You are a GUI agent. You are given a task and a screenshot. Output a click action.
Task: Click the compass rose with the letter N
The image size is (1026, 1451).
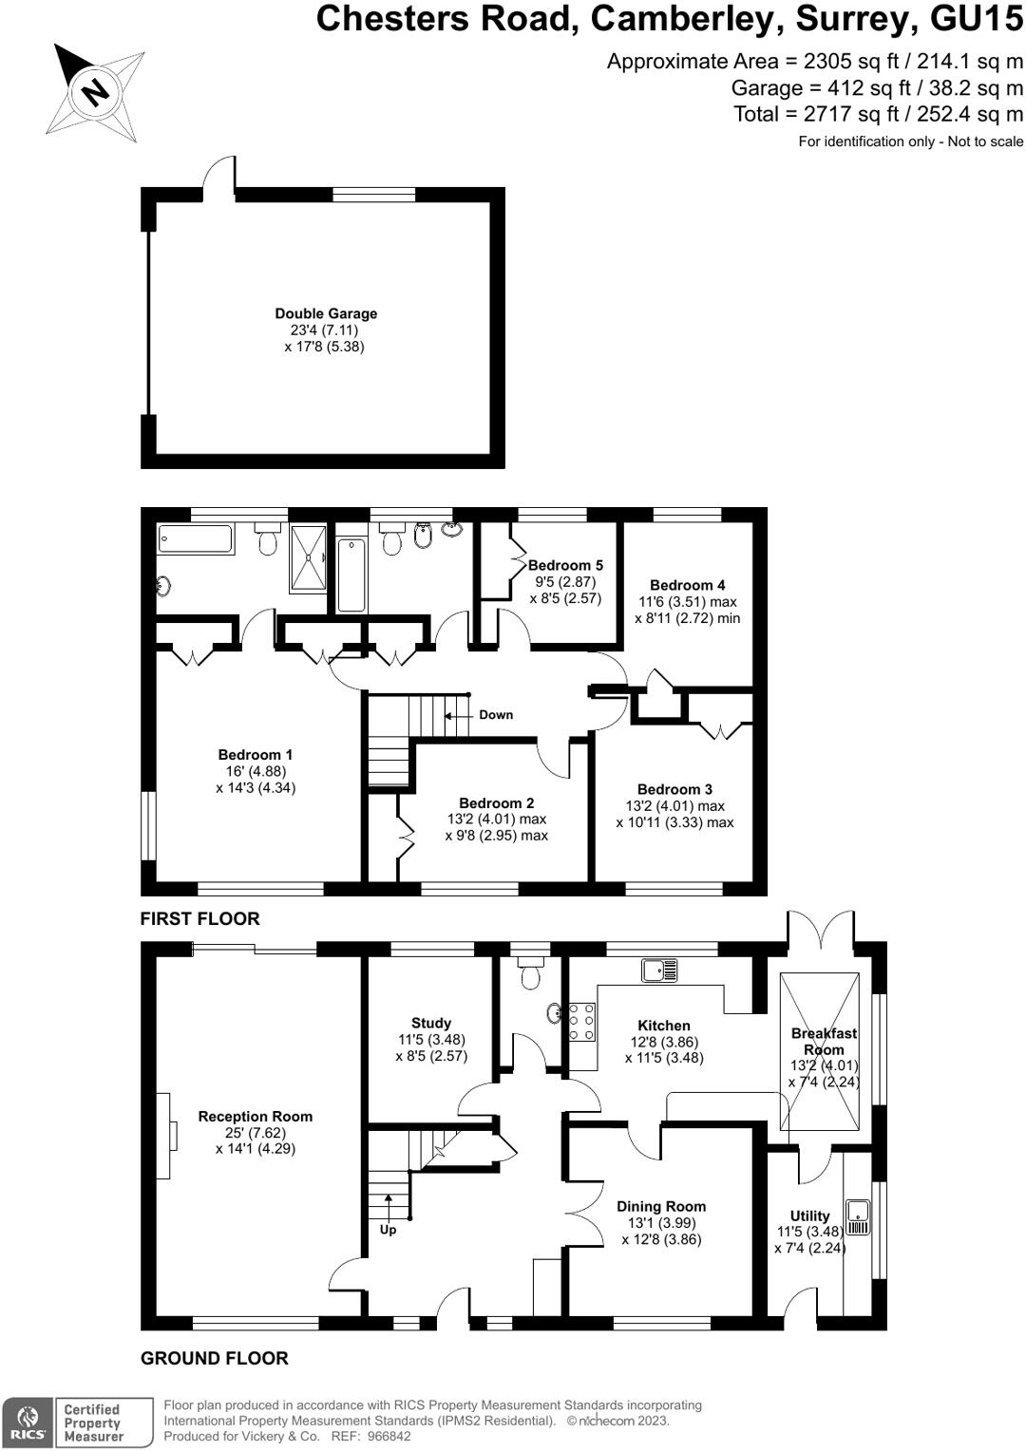(x=95, y=91)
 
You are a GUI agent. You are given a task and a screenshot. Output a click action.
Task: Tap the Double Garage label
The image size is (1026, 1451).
(x=326, y=313)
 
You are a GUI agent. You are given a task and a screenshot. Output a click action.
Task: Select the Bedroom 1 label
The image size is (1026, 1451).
(x=256, y=755)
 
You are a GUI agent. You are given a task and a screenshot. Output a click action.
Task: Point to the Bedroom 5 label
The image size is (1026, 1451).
(x=565, y=565)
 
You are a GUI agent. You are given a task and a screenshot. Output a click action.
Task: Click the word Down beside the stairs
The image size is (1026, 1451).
(x=495, y=715)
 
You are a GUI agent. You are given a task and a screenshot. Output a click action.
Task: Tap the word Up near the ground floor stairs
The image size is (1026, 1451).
(x=388, y=1230)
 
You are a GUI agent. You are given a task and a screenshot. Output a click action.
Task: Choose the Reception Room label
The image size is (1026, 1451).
(x=255, y=1117)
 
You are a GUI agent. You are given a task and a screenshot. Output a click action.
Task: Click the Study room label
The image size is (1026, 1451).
(x=431, y=1023)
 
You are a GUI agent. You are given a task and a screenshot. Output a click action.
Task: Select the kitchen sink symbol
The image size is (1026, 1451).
(x=659, y=970)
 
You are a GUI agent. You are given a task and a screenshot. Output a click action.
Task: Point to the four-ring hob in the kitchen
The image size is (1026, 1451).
(x=582, y=1022)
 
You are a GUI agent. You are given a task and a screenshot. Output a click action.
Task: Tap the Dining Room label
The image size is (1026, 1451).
(x=661, y=1206)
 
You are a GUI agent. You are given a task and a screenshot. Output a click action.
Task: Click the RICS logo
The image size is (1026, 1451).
(x=28, y=1423)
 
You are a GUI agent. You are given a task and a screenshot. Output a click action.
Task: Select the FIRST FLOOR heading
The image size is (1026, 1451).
(x=199, y=918)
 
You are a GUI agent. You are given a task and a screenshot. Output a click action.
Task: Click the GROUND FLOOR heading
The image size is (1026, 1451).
(x=215, y=1358)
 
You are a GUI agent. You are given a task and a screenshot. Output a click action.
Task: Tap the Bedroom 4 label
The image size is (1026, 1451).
(x=687, y=585)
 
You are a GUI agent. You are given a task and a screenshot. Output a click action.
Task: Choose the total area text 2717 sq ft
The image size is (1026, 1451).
(x=879, y=114)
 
